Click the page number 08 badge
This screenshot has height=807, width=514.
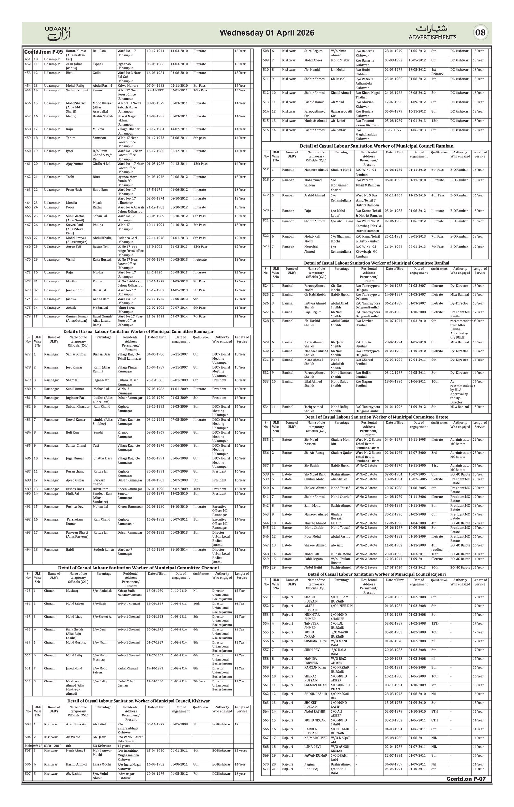pyautogui.click(x=480, y=32)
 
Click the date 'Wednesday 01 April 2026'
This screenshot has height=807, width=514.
pyautogui.click(x=267, y=33)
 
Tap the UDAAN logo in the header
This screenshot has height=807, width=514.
pyautogui.click(x=58, y=33)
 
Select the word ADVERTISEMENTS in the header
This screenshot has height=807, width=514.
pyautogui.click(x=432, y=37)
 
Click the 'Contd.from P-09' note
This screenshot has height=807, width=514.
pyautogui.click(x=44, y=52)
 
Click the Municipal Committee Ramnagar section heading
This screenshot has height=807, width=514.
pyautogui.click(x=138, y=332)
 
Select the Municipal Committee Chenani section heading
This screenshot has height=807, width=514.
pyautogui.click(x=138, y=568)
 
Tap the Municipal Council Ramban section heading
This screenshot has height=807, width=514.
pyautogui.click(x=377, y=146)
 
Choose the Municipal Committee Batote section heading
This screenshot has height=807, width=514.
pyautogui.click(x=377, y=417)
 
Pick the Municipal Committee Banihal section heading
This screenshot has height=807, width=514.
pyautogui.click(x=377, y=263)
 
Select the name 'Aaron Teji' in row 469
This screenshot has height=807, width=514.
pyautogui.click(x=74, y=247)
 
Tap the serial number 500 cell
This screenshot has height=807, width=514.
pyautogui.click(x=28, y=655)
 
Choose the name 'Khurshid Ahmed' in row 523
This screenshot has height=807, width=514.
pyautogui.click(x=312, y=249)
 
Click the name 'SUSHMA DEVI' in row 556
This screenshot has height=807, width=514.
pyautogui.click(x=315, y=641)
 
